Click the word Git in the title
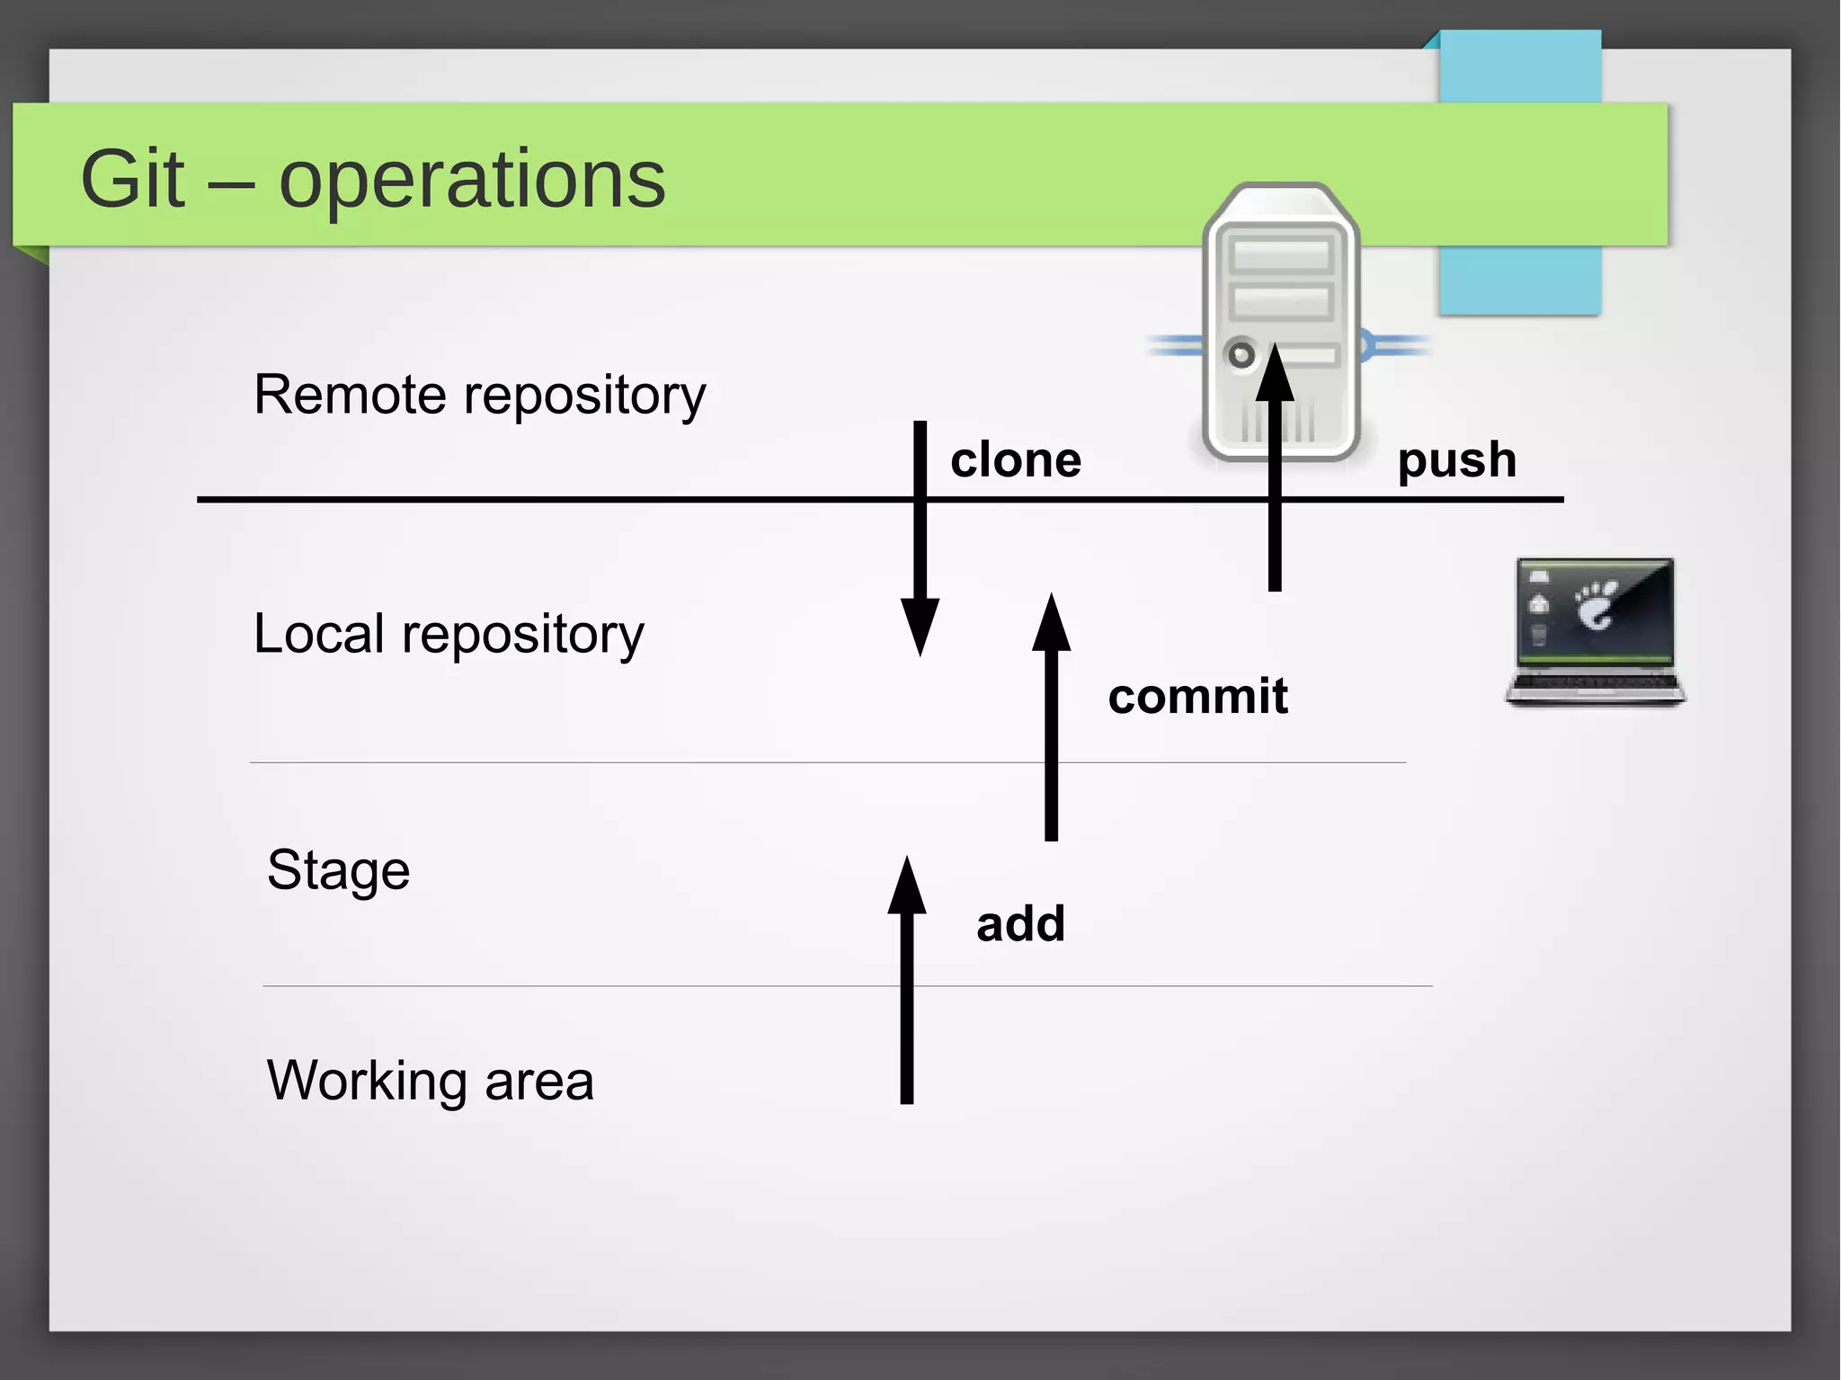tap(133, 179)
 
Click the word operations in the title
tap(472, 181)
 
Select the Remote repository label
tap(479, 395)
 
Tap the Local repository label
tap(449, 634)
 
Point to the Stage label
tap(338, 870)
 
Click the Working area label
tap(430, 1080)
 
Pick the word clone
tap(1016, 460)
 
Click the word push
tap(1457, 460)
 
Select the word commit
tap(1197, 696)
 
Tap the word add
tap(1021, 924)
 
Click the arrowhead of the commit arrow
tap(1051, 623)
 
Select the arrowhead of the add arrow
tap(907, 886)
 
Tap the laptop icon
tap(1596, 629)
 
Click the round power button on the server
tap(1241, 354)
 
